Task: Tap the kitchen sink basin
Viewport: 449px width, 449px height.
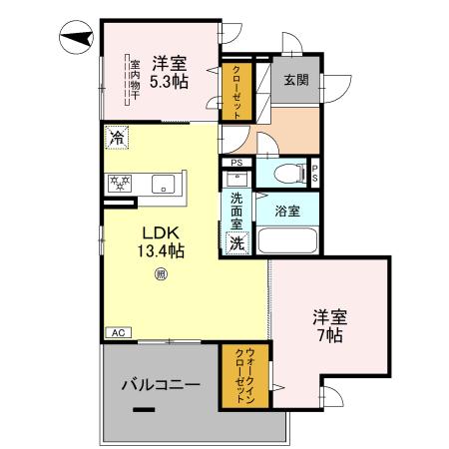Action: click(x=163, y=184)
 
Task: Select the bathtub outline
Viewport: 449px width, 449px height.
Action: click(x=287, y=240)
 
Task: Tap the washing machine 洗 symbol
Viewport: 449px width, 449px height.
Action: click(x=237, y=243)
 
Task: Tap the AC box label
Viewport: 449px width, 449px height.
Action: click(x=117, y=333)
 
